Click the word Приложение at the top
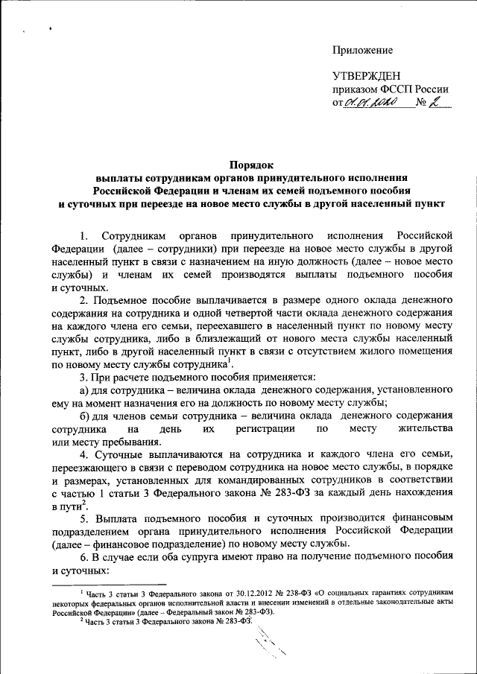(x=362, y=50)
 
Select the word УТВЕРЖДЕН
(x=367, y=76)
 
